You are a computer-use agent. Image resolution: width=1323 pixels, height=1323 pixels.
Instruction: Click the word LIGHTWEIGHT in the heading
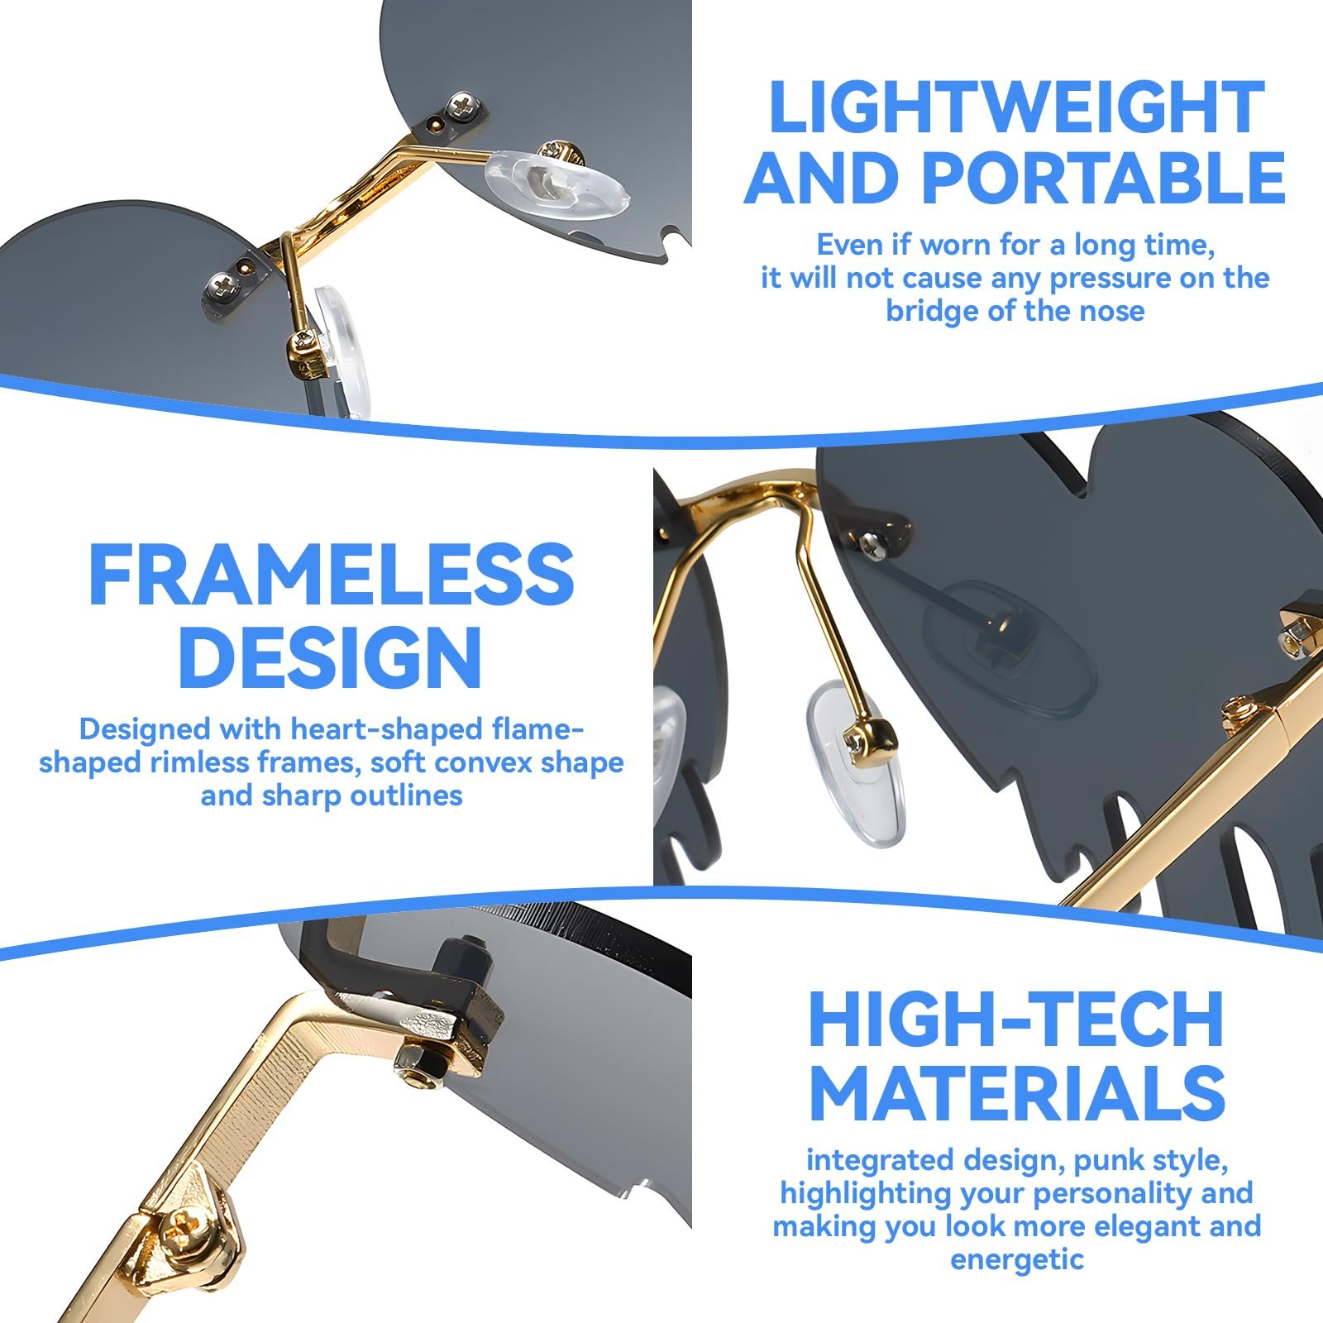(1016, 107)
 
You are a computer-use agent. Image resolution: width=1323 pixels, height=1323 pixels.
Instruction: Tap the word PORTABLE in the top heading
(1103, 178)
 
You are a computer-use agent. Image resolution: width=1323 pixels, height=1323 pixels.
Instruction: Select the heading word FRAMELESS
(331, 575)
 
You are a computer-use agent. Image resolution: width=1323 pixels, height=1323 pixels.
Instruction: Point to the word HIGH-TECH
(1016, 1020)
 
